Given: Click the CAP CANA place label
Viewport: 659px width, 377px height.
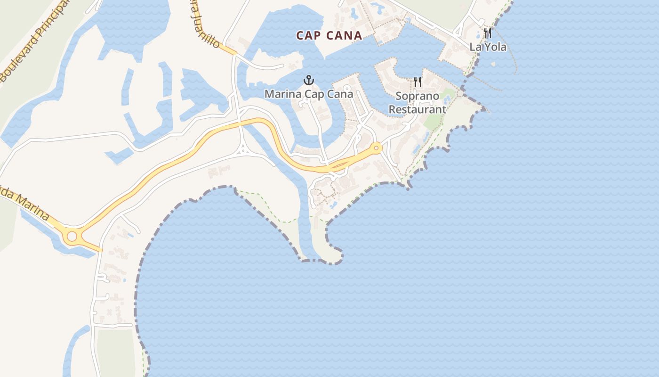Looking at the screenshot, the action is point(329,35).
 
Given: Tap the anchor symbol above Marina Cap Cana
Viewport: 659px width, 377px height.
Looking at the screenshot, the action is point(309,80).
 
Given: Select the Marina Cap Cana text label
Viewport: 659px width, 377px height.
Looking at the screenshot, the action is point(308,94).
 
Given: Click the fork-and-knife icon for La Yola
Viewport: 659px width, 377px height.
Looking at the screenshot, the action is point(488,33).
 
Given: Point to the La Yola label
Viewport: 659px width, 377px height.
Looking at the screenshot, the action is point(488,47).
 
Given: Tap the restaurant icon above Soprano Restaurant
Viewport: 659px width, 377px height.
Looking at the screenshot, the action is point(417,82).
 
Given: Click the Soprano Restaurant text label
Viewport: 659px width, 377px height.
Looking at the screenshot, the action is point(417,103).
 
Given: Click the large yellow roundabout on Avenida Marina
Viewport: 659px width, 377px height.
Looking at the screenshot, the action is point(72,236).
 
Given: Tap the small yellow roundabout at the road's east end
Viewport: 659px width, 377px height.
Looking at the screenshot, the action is point(376,148).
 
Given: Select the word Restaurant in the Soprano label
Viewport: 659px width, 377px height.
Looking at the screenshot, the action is point(417,109).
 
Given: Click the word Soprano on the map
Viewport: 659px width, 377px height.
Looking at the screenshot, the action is point(417,96).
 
